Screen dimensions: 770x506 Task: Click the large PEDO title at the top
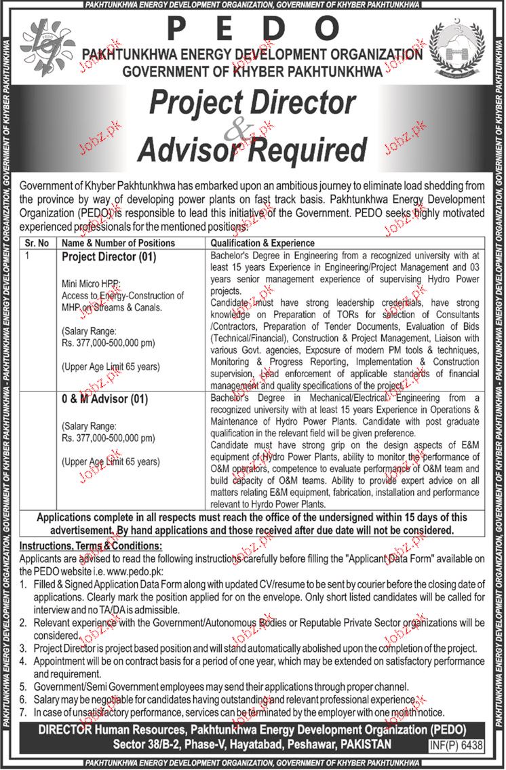pyautogui.click(x=252, y=28)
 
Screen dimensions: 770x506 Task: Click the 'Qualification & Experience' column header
pyautogui.click(x=262, y=243)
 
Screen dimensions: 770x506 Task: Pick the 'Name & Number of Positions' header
pyautogui.click(x=119, y=243)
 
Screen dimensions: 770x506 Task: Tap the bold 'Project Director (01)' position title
pyautogui.click(x=109, y=258)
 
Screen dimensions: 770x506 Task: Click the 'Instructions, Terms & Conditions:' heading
pyautogui.click(x=90, y=545)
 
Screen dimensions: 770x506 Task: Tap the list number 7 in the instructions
pyautogui.click(x=23, y=712)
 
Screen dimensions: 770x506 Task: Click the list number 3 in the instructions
pyautogui.click(x=23, y=648)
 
